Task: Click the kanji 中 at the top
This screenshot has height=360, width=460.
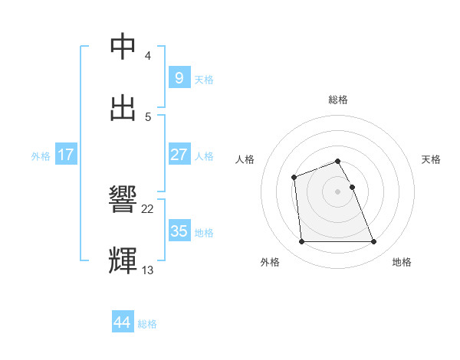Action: tap(124, 47)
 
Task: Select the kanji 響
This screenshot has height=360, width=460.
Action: tap(124, 200)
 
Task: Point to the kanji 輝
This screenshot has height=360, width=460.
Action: tap(124, 260)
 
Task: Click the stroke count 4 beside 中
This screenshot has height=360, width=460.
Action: tap(148, 56)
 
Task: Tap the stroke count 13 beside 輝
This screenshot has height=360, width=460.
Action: tap(148, 270)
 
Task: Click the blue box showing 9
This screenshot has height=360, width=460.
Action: tap(179, 78)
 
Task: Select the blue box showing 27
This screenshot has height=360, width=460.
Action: tap(179, 155)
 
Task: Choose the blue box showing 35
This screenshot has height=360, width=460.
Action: tap(179, 231)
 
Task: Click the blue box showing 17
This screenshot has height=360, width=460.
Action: tap(66, 155)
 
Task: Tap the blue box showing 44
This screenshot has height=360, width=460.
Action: tap(122, 322)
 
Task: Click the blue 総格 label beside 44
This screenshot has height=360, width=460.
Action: tap(147, 324)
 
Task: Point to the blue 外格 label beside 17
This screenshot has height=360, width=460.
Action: tap(41, 156)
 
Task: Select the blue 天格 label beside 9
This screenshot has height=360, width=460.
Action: tap(204, 80)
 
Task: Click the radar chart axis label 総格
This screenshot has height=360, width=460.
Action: tap(338, 100)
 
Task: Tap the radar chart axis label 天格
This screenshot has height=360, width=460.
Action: tap(432, 159)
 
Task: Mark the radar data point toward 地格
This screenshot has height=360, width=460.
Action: tap(374, 242)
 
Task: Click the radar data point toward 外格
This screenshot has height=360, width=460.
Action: tap(301, 242)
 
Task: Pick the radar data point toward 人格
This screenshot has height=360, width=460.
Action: tap(294, 178)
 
